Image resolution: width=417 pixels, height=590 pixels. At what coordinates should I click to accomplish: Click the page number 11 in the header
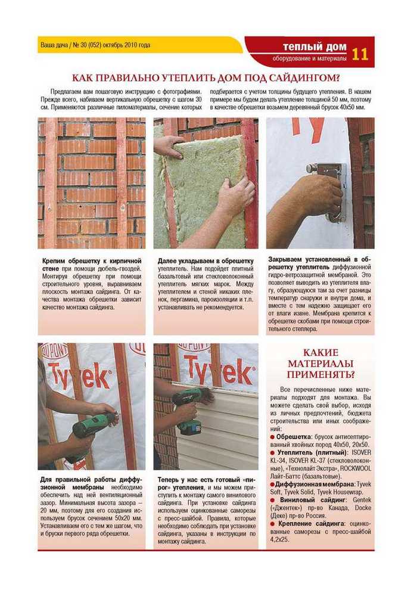pos(360,54)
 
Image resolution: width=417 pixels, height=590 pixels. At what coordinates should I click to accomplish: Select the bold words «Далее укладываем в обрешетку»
pos(206,261)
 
